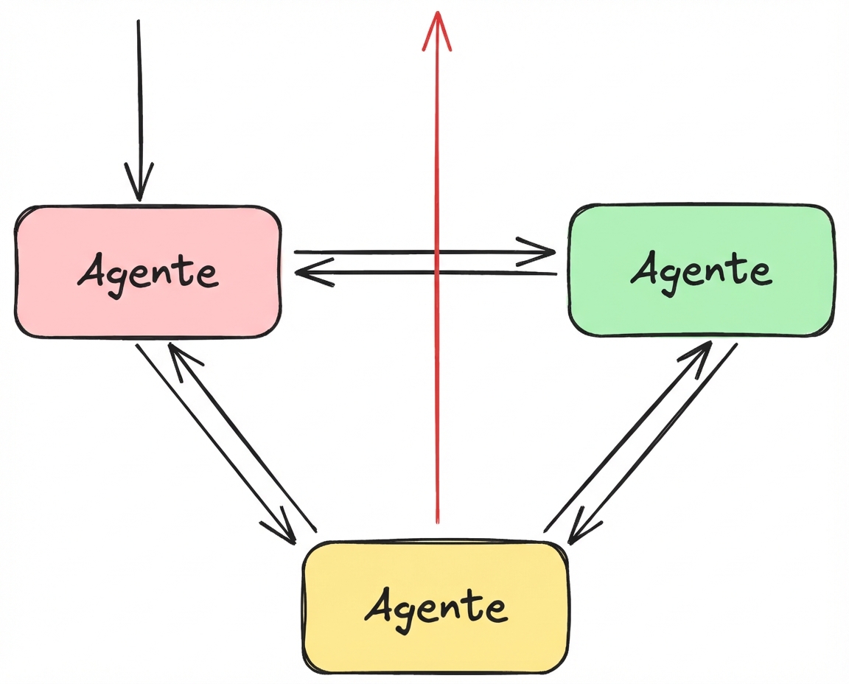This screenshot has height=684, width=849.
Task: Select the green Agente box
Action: click(701, 310)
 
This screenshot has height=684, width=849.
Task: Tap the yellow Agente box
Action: click(436, 649)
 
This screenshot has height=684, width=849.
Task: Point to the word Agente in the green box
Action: click(701, 271)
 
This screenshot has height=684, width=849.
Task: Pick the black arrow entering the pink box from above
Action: click(139, 96)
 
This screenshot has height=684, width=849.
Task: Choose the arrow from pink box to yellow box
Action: click(214, 442)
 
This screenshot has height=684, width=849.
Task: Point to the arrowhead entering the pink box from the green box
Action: click(306, 273)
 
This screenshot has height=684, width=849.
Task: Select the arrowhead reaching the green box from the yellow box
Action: click(700, 352)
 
